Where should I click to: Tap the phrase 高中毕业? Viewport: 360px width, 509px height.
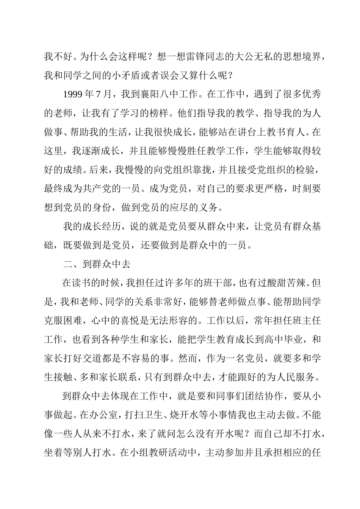pyautogui.click(x=283, y=339)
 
